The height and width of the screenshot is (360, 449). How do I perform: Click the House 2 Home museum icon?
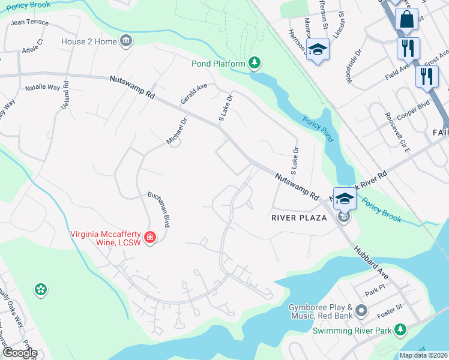pos(126,41)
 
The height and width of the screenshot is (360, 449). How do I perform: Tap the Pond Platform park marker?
pos(255,63)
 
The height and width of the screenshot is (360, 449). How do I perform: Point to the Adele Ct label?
pos(32,47)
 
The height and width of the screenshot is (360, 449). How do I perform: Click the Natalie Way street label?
pos(43,88)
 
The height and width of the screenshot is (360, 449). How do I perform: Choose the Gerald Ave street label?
pos(194,95)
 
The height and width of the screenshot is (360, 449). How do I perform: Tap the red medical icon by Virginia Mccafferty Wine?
pos(149,238)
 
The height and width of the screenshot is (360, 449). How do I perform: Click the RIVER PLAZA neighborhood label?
pos(298,217)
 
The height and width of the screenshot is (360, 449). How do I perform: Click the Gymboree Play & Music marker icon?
pos(361,310)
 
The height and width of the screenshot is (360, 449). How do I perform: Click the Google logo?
pos(19,353)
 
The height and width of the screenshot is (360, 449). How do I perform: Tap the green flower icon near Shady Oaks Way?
pos(40,290)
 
